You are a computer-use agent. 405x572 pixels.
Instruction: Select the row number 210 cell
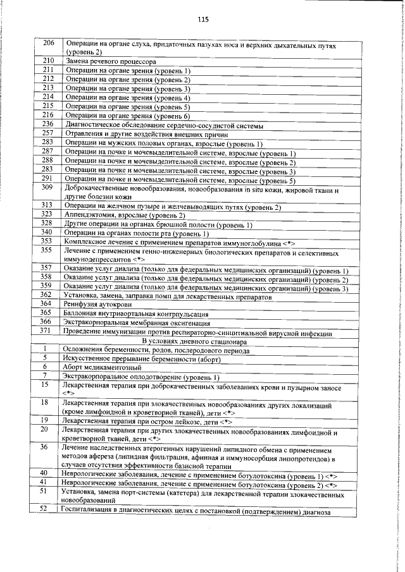point(48,61)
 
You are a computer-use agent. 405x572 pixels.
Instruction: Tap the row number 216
point(48,115)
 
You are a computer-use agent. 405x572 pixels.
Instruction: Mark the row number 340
point(47,233)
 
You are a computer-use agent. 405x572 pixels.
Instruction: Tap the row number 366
point(47,322)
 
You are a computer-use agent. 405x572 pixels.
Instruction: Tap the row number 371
point(47,331)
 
